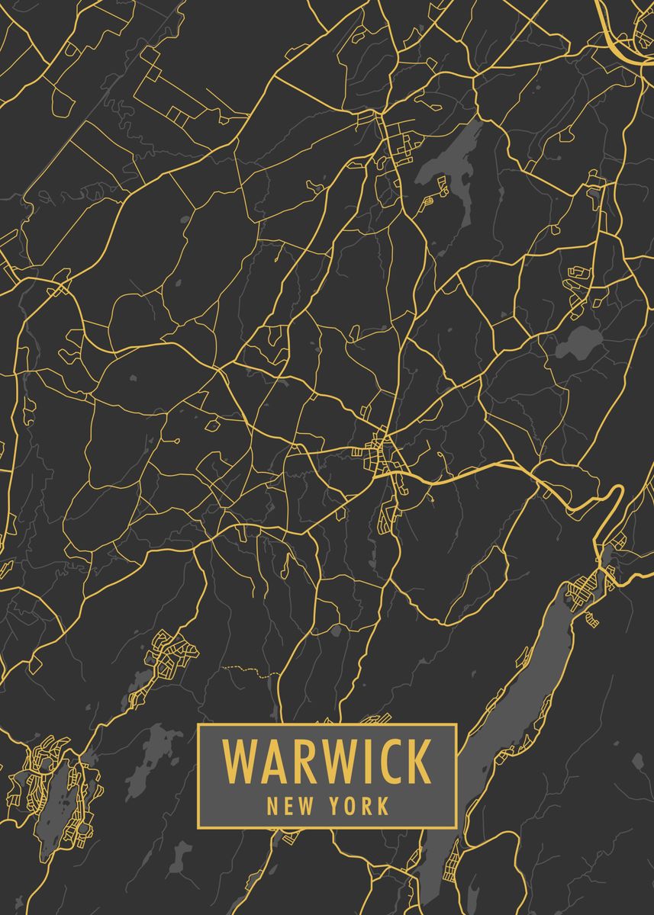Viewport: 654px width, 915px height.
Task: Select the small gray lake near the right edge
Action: pos(578,342)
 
